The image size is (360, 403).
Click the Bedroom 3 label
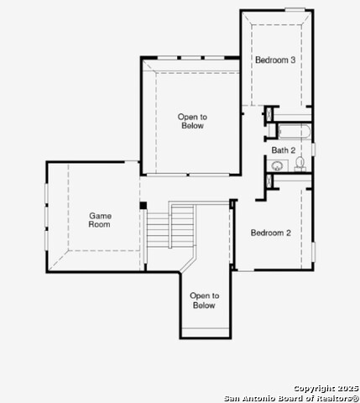pos(275,60)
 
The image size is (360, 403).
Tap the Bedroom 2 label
pos(270,233)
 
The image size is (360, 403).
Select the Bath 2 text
pos(283,150)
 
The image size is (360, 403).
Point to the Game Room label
pos(100,221)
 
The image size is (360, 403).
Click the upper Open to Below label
pos(191,121)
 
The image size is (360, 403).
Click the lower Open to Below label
pos(203,301)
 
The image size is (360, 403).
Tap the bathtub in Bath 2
pos(293,133)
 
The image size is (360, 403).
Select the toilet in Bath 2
pos(300,164)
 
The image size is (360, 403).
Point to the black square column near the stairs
pos(143,205)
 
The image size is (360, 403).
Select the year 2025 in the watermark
pos(347,388)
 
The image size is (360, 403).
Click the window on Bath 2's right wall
pos(313,149)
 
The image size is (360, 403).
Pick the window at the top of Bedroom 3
pos(295,9)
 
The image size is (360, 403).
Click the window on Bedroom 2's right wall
pos(313,250)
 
